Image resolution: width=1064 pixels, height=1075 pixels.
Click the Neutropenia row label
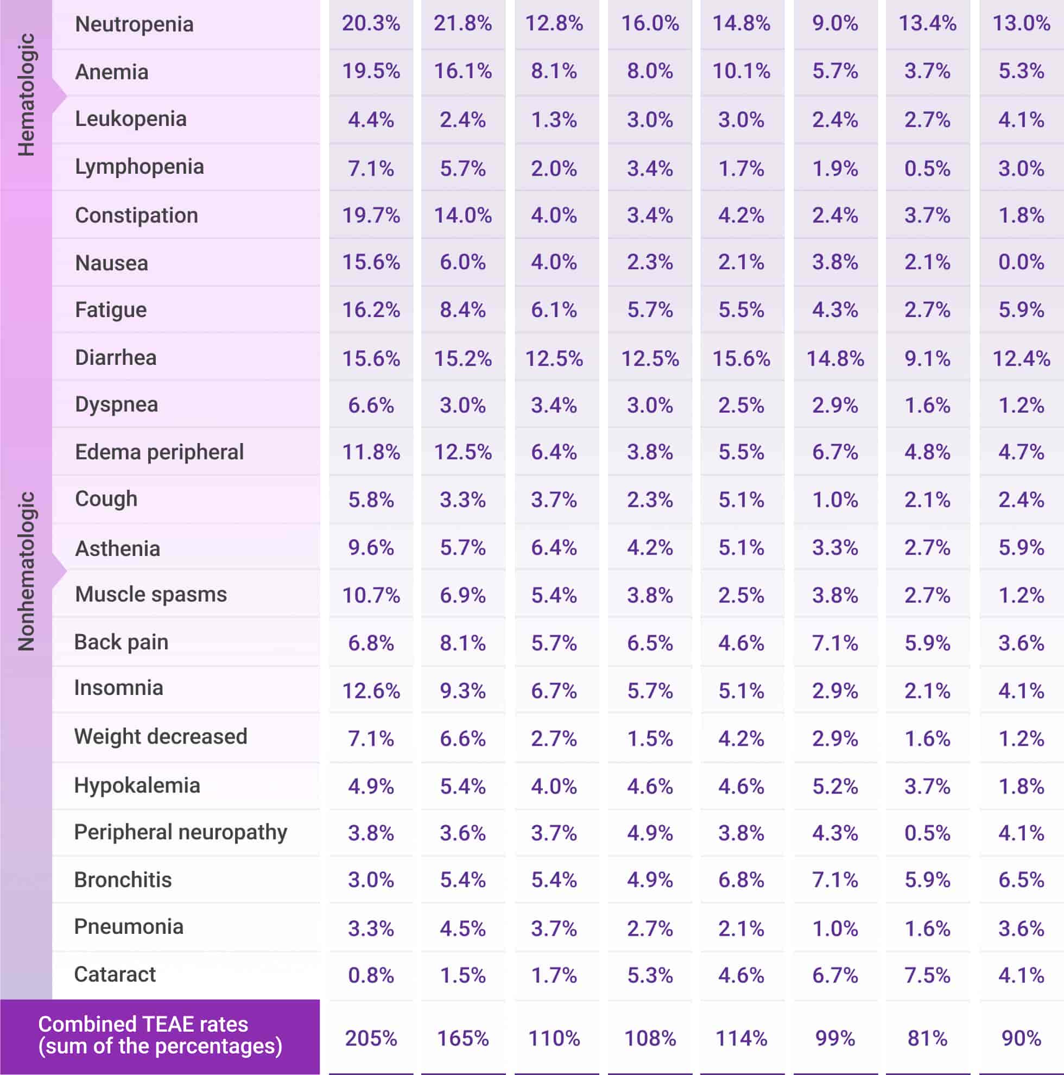click(x=134, y=24)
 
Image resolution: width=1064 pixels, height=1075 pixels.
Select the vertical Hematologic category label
click(x=26, y=94)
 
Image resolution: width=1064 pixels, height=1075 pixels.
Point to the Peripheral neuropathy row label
click(x=180, y=832)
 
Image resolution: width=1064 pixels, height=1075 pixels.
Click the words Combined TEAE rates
click(x=143, y=1025)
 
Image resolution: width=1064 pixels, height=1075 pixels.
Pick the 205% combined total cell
click(x=371, y=1038)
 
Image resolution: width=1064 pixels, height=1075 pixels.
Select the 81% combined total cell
click(x=927, y=1038)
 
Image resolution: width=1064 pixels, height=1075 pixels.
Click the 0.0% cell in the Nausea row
click(x=1021, y=262)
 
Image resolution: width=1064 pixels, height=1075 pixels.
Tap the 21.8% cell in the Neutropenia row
click(x=463, y=23)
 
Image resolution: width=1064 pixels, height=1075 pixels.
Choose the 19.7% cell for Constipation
click(x=371, y=216)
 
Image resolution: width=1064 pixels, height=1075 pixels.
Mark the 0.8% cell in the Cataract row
click(x=371, y=976)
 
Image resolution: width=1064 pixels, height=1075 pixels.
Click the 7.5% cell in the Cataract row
click(x=927, y=976)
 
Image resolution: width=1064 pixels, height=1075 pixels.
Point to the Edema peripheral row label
click(x=159, y=452)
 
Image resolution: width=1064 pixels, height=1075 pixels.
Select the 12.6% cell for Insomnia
click(x=371, y=691)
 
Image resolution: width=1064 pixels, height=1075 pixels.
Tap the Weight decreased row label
click(x=160, y=737)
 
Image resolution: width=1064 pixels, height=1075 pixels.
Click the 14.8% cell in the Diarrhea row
click(x=835, y=358)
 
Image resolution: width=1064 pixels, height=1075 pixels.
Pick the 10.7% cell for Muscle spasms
click(x=371, y=596)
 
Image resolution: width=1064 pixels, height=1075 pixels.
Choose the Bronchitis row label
click(x=123, y=880)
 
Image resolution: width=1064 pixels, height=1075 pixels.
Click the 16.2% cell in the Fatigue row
click(x=371, y=310)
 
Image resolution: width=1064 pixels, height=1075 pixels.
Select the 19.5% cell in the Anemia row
click(x=371, y=71)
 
